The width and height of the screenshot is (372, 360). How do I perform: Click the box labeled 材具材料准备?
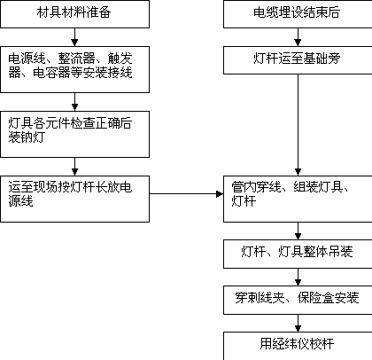point(74,14)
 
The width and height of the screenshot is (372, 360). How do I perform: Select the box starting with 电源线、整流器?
point(74,69)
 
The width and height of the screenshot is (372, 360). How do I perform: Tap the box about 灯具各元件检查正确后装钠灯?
point(74,134)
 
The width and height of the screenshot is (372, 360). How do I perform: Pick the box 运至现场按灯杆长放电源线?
point(74,199)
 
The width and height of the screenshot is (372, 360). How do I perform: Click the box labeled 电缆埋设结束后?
point(298,14)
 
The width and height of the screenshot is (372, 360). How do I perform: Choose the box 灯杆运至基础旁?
point(298,60)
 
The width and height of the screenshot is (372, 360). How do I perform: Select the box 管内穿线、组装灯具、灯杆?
point(298,199)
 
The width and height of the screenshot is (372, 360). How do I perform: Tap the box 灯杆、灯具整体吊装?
point(298,254)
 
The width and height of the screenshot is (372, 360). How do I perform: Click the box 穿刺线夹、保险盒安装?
point(298,300)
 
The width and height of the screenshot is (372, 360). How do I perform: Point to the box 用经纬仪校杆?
point(298,346)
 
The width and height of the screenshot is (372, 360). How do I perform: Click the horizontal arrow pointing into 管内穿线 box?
point(186,194)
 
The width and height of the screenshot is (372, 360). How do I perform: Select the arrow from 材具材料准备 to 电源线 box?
point(74,37)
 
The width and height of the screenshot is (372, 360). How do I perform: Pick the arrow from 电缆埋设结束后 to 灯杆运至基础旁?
point(298,37)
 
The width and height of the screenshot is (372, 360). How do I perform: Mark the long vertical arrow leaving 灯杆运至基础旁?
point(298,125)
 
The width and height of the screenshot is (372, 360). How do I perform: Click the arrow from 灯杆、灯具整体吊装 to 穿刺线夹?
point(298,277)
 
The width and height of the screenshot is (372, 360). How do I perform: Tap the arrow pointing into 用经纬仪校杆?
point(298,323)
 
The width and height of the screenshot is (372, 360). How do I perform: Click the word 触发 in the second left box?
point(120,59)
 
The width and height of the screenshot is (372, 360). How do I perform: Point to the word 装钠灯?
point(27,137)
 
